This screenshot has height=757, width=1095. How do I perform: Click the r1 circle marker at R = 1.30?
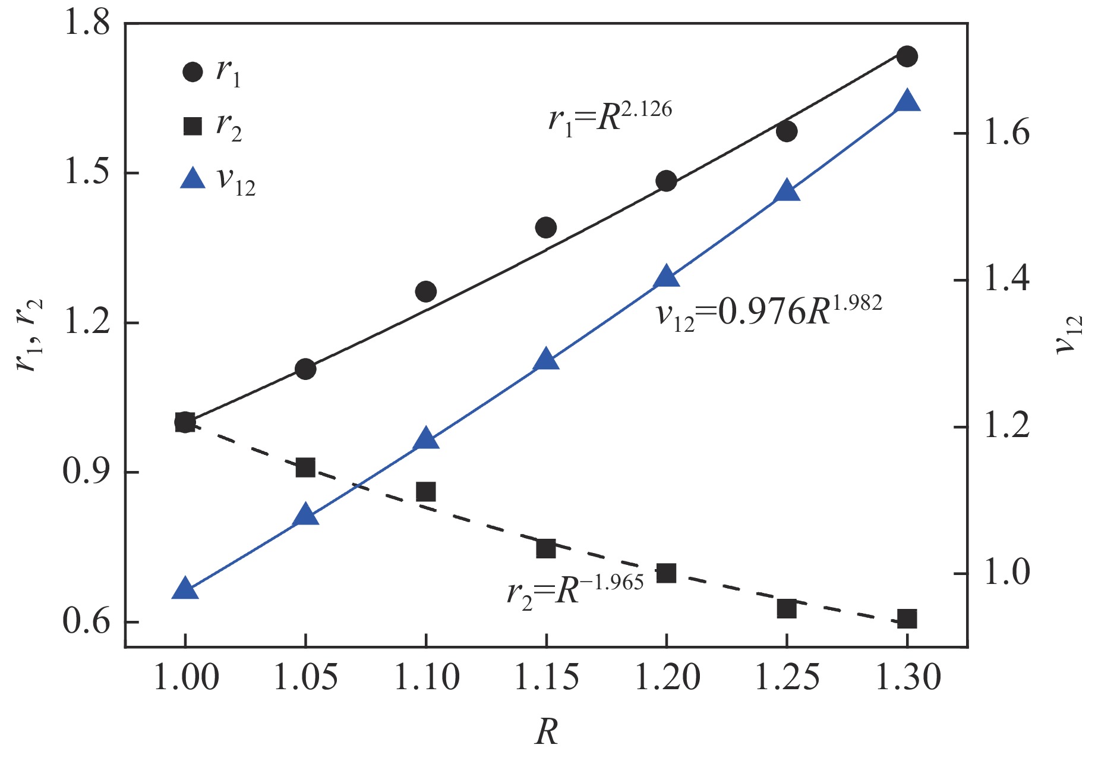click(x=907, y=56)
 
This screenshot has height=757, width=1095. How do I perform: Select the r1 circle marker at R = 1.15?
click(x=545, y=227)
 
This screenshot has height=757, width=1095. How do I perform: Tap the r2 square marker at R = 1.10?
click(x=425, y=492)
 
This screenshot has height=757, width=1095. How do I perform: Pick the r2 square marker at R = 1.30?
click(x=907, y=619)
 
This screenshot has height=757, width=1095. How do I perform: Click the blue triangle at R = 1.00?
click(x=185, y=589)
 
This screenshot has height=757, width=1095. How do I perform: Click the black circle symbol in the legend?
click(x=193, y=72)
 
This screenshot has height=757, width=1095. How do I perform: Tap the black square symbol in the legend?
click(x=193, y=125)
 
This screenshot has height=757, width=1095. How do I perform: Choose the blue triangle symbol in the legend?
click(x=193, y=178)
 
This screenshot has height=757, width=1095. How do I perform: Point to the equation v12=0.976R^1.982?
click(x=769, y=311)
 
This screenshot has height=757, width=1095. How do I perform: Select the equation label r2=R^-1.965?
click(x=575, y=588)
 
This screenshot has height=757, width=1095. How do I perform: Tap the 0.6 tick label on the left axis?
click(x=87, y=622)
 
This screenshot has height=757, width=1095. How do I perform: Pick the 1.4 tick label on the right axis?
click(x=1006, y=279)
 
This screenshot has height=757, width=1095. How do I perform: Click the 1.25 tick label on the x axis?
click(x=787, y=677)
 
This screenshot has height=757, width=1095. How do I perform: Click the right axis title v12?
click(x=1069, y=335)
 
